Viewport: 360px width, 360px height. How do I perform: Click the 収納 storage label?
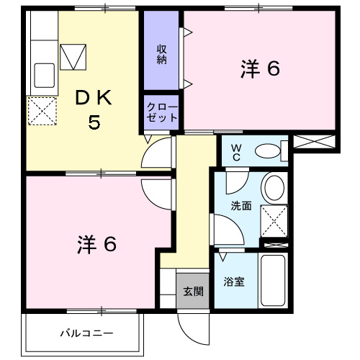[x=163, y=55]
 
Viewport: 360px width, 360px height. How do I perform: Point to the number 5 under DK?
[x=94, y=123]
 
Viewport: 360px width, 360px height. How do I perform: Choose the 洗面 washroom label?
[x=241, y=205]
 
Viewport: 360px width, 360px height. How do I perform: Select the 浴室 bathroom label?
[x=235, y=282]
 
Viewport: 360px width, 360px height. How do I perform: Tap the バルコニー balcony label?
[x=86, y=333]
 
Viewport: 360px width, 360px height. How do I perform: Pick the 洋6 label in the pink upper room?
[x=259, y=69]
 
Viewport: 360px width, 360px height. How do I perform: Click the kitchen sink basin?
[x=44, y=74]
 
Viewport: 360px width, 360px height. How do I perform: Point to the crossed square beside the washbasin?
[x=274, y=220]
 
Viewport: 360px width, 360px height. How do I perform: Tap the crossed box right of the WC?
[x=314, y=141]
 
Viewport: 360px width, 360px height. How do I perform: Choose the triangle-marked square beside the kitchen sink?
[x=72, y=56]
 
